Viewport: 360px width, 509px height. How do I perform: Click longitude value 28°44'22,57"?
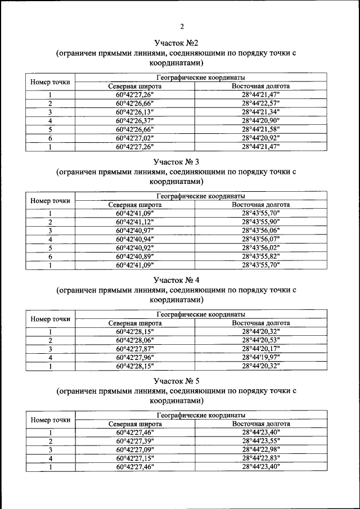(260, 103)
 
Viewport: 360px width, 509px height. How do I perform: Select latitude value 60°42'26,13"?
(134, 112)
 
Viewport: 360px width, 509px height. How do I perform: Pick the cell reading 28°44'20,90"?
(260, 120)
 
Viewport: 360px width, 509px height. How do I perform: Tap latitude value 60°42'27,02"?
(134, 138)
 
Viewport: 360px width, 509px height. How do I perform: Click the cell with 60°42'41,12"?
(134, 222)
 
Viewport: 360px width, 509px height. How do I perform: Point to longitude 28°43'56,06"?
(260, 231)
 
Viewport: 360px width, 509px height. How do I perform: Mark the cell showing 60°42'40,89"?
(134, 256)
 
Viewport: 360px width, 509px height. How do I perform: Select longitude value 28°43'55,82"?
(260, 256)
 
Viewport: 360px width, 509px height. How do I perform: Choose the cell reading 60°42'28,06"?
(134, 340)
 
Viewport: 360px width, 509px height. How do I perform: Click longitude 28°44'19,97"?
(260, 357)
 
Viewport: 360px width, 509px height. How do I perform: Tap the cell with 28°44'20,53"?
(260, 340)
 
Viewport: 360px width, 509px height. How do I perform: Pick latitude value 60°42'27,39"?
(134, 441)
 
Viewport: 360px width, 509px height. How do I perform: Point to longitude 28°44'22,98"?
(260, 449)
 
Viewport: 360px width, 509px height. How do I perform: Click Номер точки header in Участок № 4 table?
(51, 319)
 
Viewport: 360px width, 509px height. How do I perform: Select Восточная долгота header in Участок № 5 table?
(260, 424)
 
